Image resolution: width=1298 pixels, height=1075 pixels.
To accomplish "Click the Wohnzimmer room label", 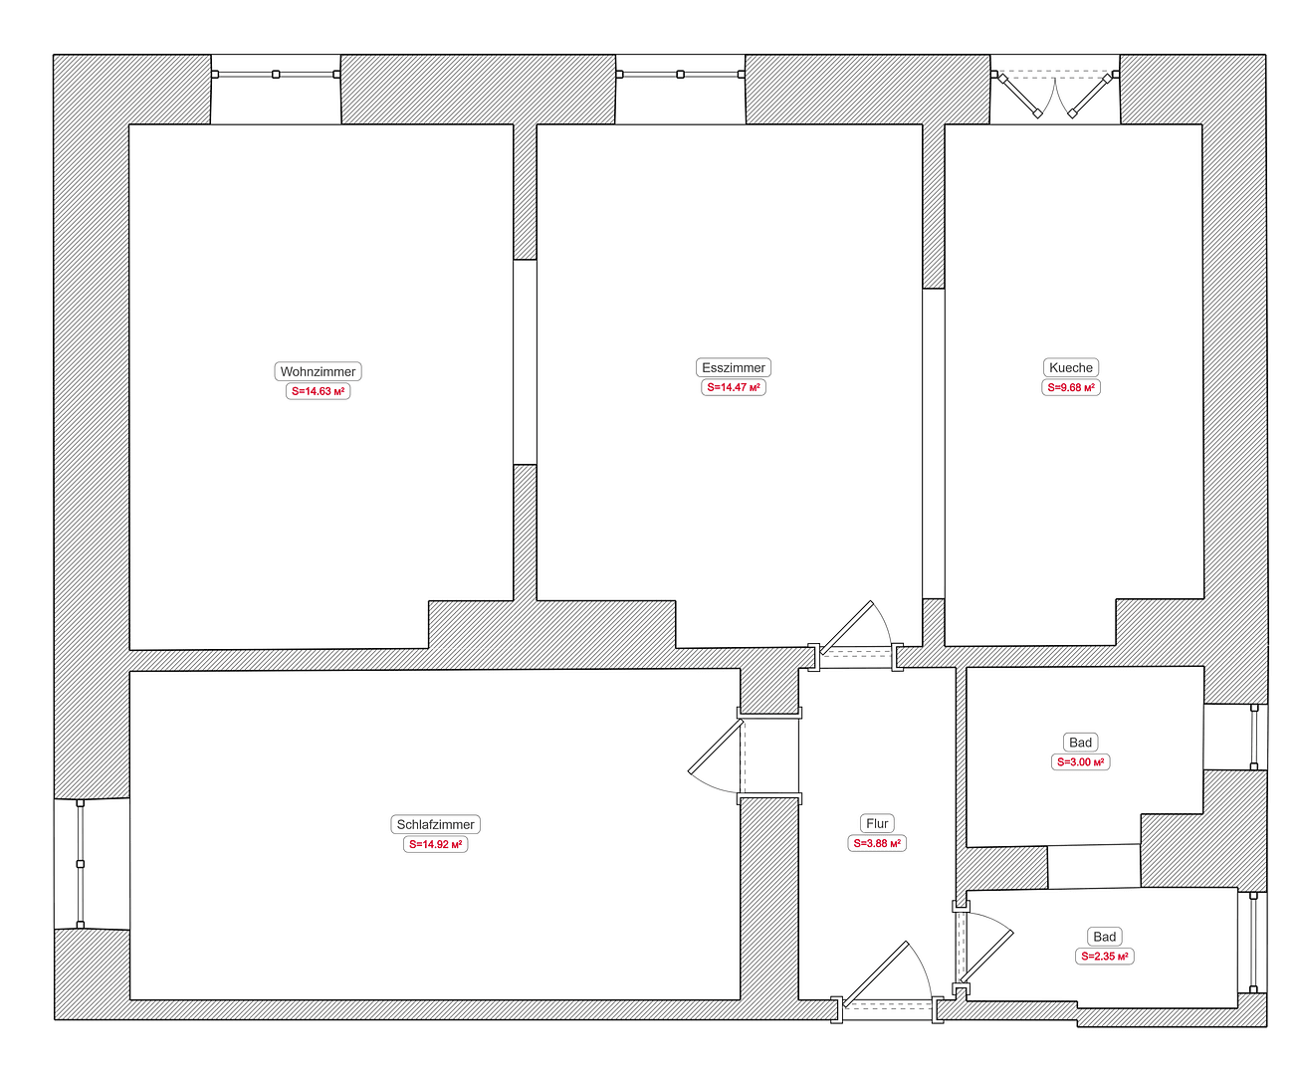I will click(x=318, y=371).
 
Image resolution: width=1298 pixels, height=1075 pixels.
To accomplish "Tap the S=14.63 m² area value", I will click(x=319, y=391).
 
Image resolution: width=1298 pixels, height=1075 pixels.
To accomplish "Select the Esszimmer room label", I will click(x=734, y=367).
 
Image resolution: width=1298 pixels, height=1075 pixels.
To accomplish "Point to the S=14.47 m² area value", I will click(x=734, y=387).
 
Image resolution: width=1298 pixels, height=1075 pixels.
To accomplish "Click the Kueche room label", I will click(x=1071, y=367).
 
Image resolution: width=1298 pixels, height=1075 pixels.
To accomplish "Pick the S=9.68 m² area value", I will click(x=1071, y=387).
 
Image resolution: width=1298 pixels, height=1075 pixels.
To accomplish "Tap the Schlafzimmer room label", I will click(x=436, y=824).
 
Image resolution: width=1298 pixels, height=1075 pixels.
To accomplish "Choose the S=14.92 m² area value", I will click(x=436, y=844).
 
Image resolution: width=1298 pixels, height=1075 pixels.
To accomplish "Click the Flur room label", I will click(x=877, y=823).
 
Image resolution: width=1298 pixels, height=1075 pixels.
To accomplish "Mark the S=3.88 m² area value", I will click(x=877, y=843).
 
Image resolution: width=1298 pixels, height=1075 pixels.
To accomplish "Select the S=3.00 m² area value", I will click(x=1081, y=761).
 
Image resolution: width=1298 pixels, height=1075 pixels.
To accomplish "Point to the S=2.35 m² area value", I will click(x=1105, y=956).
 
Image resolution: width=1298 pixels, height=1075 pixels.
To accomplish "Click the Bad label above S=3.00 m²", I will click(x=1081, y=742).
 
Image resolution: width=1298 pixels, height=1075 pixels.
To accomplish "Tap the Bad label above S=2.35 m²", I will click(x=1105, y=937).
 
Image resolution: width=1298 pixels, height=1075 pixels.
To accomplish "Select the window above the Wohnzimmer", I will click(x=276, y=74).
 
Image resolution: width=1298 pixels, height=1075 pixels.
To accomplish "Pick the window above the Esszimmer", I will click(x=680, y=74).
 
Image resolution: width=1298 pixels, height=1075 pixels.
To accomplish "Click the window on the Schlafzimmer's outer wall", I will click(x=81, y=864).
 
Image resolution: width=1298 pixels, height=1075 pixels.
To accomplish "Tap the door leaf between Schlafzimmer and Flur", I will click(x=716, y=747).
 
